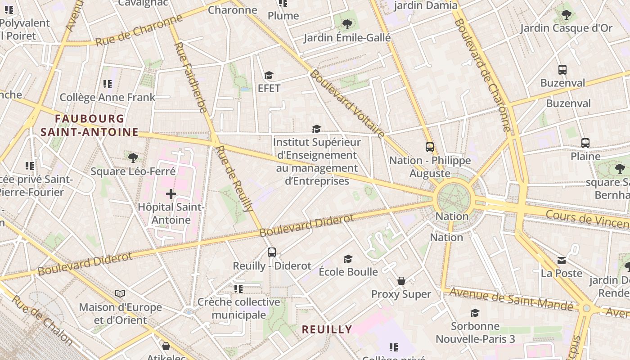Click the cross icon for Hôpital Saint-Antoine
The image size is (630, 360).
point(171,194)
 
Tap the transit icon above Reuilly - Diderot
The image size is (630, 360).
point(271,252)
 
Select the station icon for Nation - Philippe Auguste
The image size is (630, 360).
point(430,147)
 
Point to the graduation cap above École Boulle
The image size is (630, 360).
point(348,259)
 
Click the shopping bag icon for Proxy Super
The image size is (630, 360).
point(401,281)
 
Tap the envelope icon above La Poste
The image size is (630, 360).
point(562,260)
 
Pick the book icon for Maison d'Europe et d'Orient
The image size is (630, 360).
point(120,294)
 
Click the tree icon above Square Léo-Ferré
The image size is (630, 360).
point(133,157)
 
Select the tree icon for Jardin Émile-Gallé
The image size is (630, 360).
point(347,24)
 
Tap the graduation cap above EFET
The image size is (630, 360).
point(269,75)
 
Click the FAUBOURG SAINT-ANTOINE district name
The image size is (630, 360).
point(89,125)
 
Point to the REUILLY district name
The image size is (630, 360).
point(327,329)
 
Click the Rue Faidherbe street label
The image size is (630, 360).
point(190,77)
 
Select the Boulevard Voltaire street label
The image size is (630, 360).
point(347,104)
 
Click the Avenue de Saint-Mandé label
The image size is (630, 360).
point(513,299)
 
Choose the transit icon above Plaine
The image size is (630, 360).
point(585,143)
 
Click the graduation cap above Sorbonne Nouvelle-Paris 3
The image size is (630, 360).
point(475,313)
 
